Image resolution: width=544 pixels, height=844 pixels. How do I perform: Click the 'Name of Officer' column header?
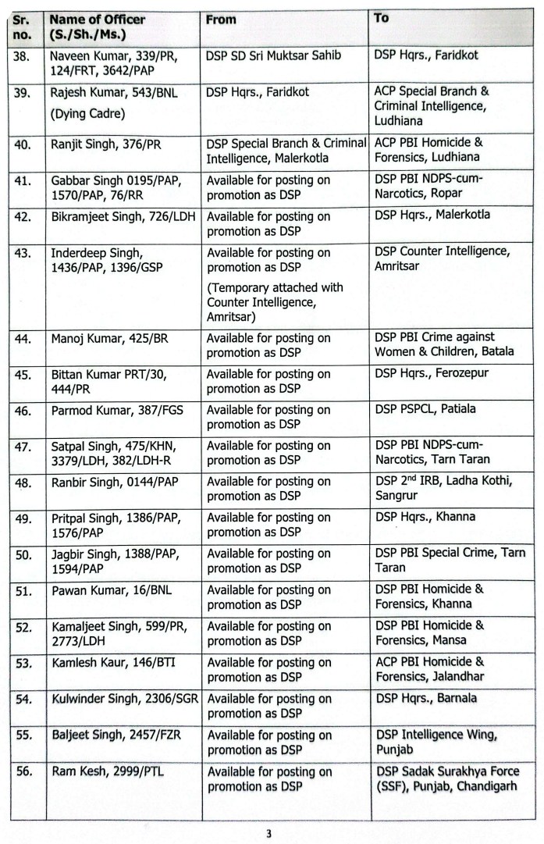coord(89,27)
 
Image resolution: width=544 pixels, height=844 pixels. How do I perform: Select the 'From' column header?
coord(221,20)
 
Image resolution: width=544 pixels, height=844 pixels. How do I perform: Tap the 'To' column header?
coord(382,18)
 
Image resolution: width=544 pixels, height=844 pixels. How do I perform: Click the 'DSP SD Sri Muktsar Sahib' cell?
coord(273,56)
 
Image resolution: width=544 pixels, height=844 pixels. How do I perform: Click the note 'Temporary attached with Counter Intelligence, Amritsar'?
coord(275,301)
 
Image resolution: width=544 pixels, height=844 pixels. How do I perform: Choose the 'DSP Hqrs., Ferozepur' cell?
coord(432,373)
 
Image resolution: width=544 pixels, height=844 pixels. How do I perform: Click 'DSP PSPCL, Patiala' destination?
coord(425,408)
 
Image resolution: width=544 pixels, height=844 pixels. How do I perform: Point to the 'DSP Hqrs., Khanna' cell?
coord(425,516)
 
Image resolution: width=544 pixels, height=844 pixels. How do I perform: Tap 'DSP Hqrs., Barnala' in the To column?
coord(426,698)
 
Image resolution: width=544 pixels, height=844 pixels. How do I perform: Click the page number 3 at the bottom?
coord(269,833)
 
